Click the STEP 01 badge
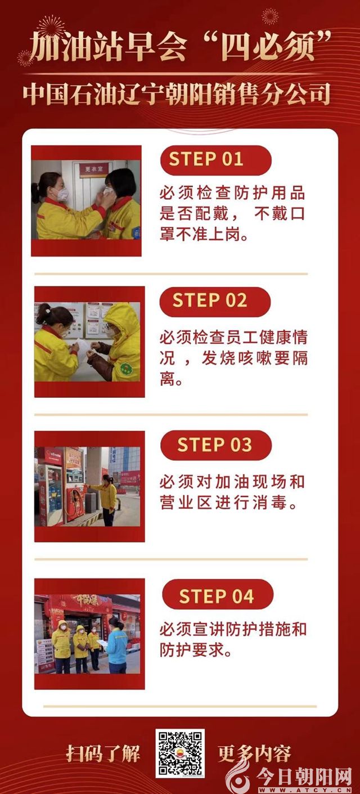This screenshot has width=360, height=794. (x=216, y=159)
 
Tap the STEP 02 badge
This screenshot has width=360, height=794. (x=215, y=301)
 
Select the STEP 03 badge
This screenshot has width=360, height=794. (x=216, y=445)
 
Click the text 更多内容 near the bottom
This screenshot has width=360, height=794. (x=254, y=753)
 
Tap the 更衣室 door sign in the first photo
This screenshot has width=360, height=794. (x=93, y=169)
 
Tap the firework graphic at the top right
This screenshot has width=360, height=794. (x=270, y=16)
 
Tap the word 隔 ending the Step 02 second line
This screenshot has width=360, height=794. (x=300, y=358)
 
